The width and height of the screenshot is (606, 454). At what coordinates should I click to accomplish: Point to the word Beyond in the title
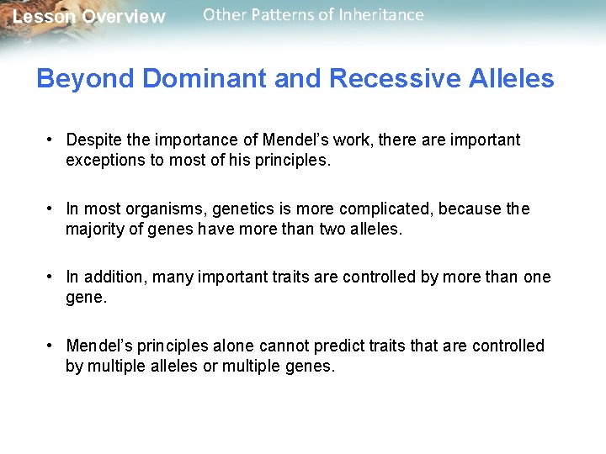pyautogui.click(x=86, y=79)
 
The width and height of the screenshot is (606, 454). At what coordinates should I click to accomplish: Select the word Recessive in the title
pyautogui.click(x=396, y=79)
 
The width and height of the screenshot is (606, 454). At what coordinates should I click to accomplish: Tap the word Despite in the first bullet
pyautogui.click(x=93, y=140)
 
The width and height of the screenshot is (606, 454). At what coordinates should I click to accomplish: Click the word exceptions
pyautogui.click(x=104, y=160)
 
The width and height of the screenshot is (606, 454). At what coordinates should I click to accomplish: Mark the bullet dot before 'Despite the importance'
pyautogui.click(x=51, y=140)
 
